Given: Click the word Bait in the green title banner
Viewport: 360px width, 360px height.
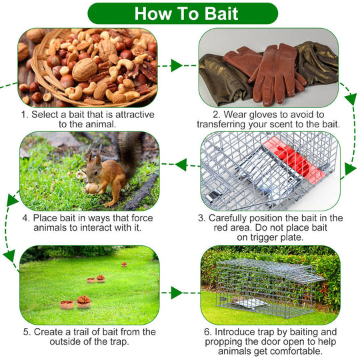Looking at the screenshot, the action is pyautogui.click(x=221, y=13).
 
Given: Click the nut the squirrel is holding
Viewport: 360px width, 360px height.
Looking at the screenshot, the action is pyautogui.click(x=92, y=188).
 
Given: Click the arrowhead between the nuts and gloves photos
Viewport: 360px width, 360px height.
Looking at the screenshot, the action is pyautogui.click(x=176, y=65).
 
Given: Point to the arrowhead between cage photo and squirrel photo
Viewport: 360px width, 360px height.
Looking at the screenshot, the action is pyautogui.click(x=181, y=165).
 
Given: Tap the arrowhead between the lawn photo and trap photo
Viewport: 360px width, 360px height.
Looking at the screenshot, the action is pyautogui.click(x=177, y=293).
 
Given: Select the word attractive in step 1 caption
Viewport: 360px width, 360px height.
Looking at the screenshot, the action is pyautogui.click(x=135, y=115).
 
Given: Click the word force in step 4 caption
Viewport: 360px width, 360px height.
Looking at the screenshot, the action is pyautogui.click(x=142, y=218).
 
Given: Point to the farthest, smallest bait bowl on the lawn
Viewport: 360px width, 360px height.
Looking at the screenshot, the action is pyautogui.click(x=124, y=265).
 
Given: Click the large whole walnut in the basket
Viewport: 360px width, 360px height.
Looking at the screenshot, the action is pyautogui.click(x=85, y=69).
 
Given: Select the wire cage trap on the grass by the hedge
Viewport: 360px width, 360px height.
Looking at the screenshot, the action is pyautogui.click(x=270, y=288).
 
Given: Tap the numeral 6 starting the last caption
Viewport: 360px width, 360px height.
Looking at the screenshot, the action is pyautogui.click(x=207, y=332).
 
